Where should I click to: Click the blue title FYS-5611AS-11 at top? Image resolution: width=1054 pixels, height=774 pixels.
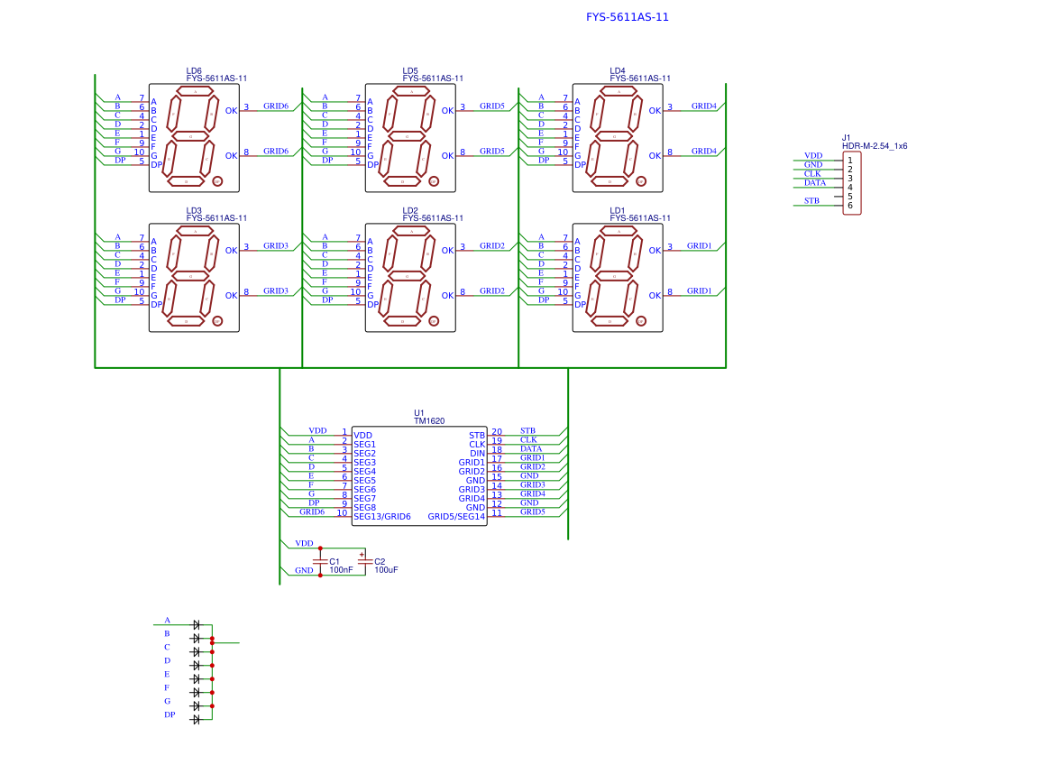click(627, 17)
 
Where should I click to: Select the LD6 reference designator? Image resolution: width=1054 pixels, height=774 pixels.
click(194, 70)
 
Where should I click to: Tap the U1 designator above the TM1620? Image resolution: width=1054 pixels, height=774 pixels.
click(419, 412)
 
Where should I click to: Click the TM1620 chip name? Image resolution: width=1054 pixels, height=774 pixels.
click(428, 421)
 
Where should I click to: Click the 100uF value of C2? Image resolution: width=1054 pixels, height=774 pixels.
click(386, 570)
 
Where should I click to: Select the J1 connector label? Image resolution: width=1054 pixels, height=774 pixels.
click(847, 137)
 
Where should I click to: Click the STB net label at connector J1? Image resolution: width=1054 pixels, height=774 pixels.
click(811, 201)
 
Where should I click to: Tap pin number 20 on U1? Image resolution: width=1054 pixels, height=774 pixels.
click(497, 431)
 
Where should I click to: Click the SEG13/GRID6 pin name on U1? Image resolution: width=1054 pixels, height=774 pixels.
click(381, 517)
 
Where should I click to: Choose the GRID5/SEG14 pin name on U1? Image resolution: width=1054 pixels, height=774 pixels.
click(456, 517)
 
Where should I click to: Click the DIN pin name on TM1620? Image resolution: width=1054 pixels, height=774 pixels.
click(477, 454)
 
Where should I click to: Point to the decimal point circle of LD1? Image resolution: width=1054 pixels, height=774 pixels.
click(641, 320)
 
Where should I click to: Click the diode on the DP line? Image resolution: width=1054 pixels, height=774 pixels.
click(196, 719)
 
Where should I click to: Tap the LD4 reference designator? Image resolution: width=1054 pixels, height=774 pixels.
click(617, 70)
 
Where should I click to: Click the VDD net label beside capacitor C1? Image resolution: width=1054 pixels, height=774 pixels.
click(304, 544)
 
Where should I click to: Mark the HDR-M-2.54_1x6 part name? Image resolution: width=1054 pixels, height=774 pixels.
click(875, 146)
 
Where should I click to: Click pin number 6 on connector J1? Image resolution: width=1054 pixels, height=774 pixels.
click(849, 206)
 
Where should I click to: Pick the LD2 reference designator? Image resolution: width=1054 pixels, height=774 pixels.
click(410, 210)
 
